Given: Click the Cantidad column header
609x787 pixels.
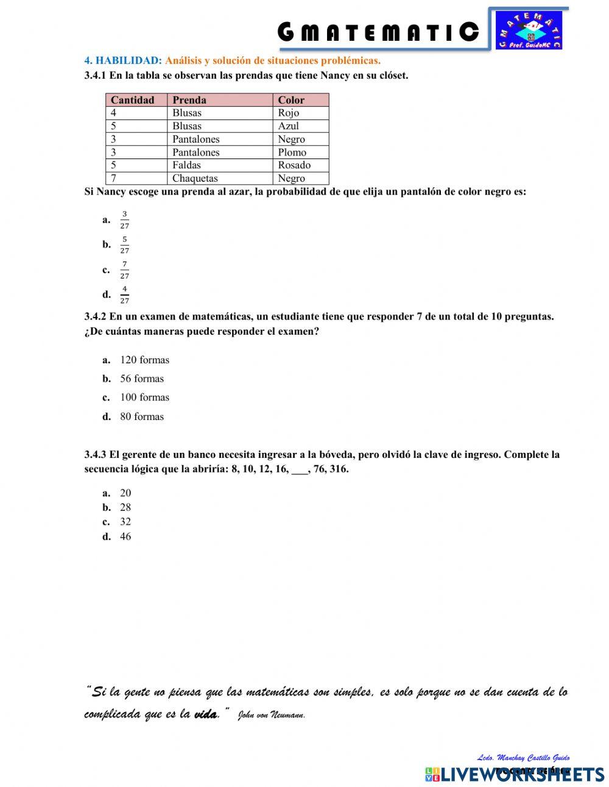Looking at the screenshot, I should click(x=133, y=100).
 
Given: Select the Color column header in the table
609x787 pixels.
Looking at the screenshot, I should click(x=291, y=100).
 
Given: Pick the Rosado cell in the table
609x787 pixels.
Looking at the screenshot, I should click(x=294, y=165).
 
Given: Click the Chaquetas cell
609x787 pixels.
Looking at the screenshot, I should click(x=195, y=179).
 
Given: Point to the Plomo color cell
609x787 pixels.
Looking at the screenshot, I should click(x=292, y=152).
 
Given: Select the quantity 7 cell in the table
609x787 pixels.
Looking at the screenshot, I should click(x=114, y=179).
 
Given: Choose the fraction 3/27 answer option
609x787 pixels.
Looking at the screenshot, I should click(x=124, y=220).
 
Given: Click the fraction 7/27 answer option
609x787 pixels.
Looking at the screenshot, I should click(x=124, y=270).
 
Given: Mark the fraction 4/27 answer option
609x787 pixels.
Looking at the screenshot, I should click(x=124, y=295).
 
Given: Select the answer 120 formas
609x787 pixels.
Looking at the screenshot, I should click(x=144, y=360).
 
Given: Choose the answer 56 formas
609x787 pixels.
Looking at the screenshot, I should click(x=142, y=379).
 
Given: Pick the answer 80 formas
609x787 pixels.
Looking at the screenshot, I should click(x=142, y=417).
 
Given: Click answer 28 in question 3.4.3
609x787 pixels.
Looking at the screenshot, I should click(x=125, y=508).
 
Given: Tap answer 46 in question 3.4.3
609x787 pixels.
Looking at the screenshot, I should click(x=125, y=537).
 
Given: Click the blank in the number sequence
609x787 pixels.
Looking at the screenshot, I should click(x=300, y=470).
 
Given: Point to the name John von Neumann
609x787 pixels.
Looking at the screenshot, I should click(x=271, y=715).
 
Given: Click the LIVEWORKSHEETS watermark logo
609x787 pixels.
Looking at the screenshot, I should click(x=515, y=774).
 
